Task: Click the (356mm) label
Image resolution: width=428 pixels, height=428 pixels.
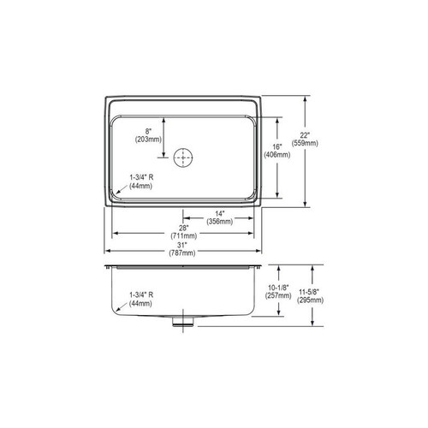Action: (221, 222)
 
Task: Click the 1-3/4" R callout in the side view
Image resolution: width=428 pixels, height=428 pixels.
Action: (141, 294)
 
